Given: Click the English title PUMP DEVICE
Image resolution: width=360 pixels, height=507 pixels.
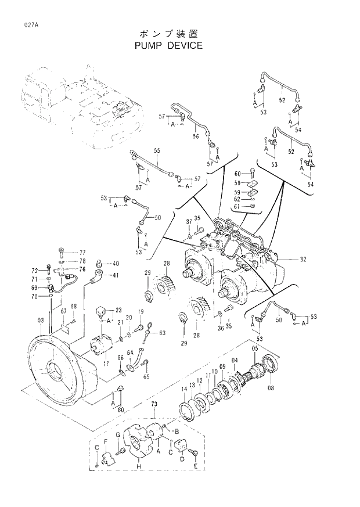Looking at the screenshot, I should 168,45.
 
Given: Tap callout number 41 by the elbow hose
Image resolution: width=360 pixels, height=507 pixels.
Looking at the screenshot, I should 116,275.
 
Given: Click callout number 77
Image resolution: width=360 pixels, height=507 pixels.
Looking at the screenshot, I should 82,253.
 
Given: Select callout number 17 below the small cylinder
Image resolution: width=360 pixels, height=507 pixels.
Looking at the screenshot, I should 106,363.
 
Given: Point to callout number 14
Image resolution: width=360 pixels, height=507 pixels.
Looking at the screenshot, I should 184,389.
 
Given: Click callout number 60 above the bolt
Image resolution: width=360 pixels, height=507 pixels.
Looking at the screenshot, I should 237,174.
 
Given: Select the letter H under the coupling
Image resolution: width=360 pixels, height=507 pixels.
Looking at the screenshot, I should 137,466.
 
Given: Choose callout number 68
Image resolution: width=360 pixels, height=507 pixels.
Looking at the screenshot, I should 74,307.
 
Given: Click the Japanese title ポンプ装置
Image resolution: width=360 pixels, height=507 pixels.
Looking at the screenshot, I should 168,33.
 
